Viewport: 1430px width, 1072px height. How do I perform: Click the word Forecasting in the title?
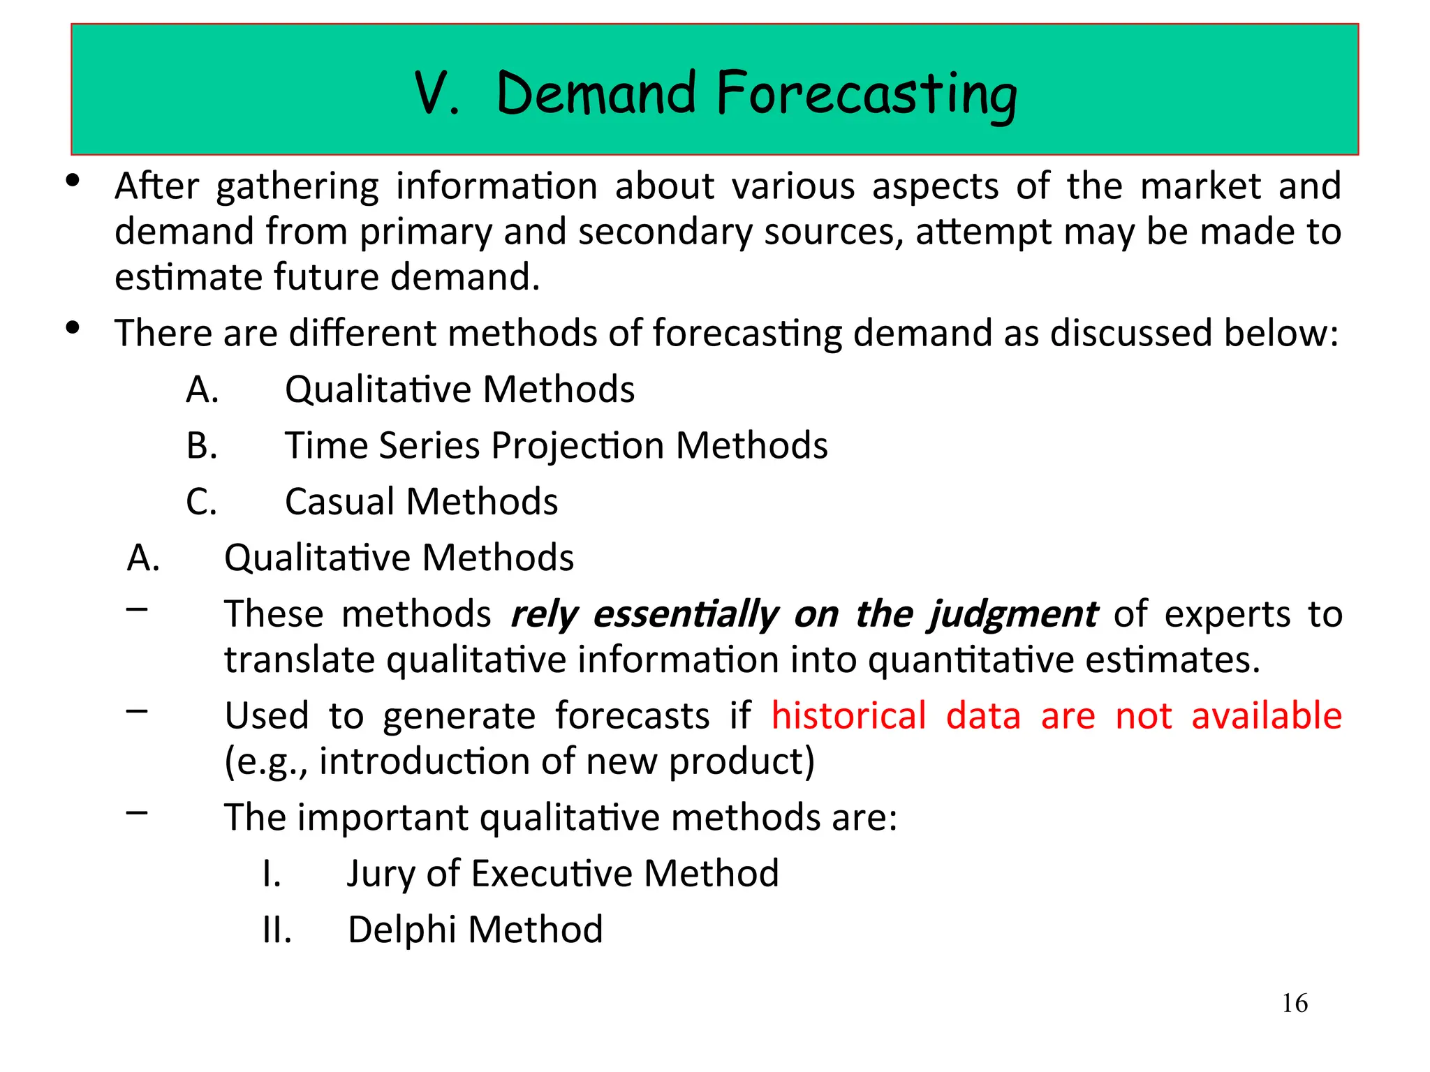tap(867, 94)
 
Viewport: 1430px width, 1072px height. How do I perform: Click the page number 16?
tap(1295, 1004)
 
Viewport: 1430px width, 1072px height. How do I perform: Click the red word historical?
tap(848, 716)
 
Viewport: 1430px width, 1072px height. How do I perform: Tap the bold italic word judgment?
tap(1012, 615)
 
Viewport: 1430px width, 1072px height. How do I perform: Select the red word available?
tap(1266, 716)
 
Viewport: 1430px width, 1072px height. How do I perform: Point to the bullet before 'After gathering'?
tap(73, 181)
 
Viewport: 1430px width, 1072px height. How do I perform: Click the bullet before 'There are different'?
tap(73, 327)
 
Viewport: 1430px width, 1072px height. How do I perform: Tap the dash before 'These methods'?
tap(138, 609)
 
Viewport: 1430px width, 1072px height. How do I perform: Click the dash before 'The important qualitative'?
tap(138, 812)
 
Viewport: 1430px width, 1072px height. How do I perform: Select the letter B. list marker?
tap(202, 445)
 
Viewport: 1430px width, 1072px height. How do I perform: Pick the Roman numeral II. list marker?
tap(277, 930)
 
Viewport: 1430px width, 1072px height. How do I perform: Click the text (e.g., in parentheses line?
tap(265, 761)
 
